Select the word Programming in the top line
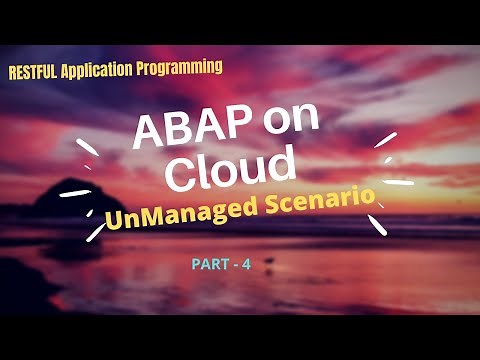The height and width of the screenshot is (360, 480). point(181,69)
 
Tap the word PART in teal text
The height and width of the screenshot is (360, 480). point(209,265)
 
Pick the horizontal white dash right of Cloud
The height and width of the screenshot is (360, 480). point(399,182)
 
